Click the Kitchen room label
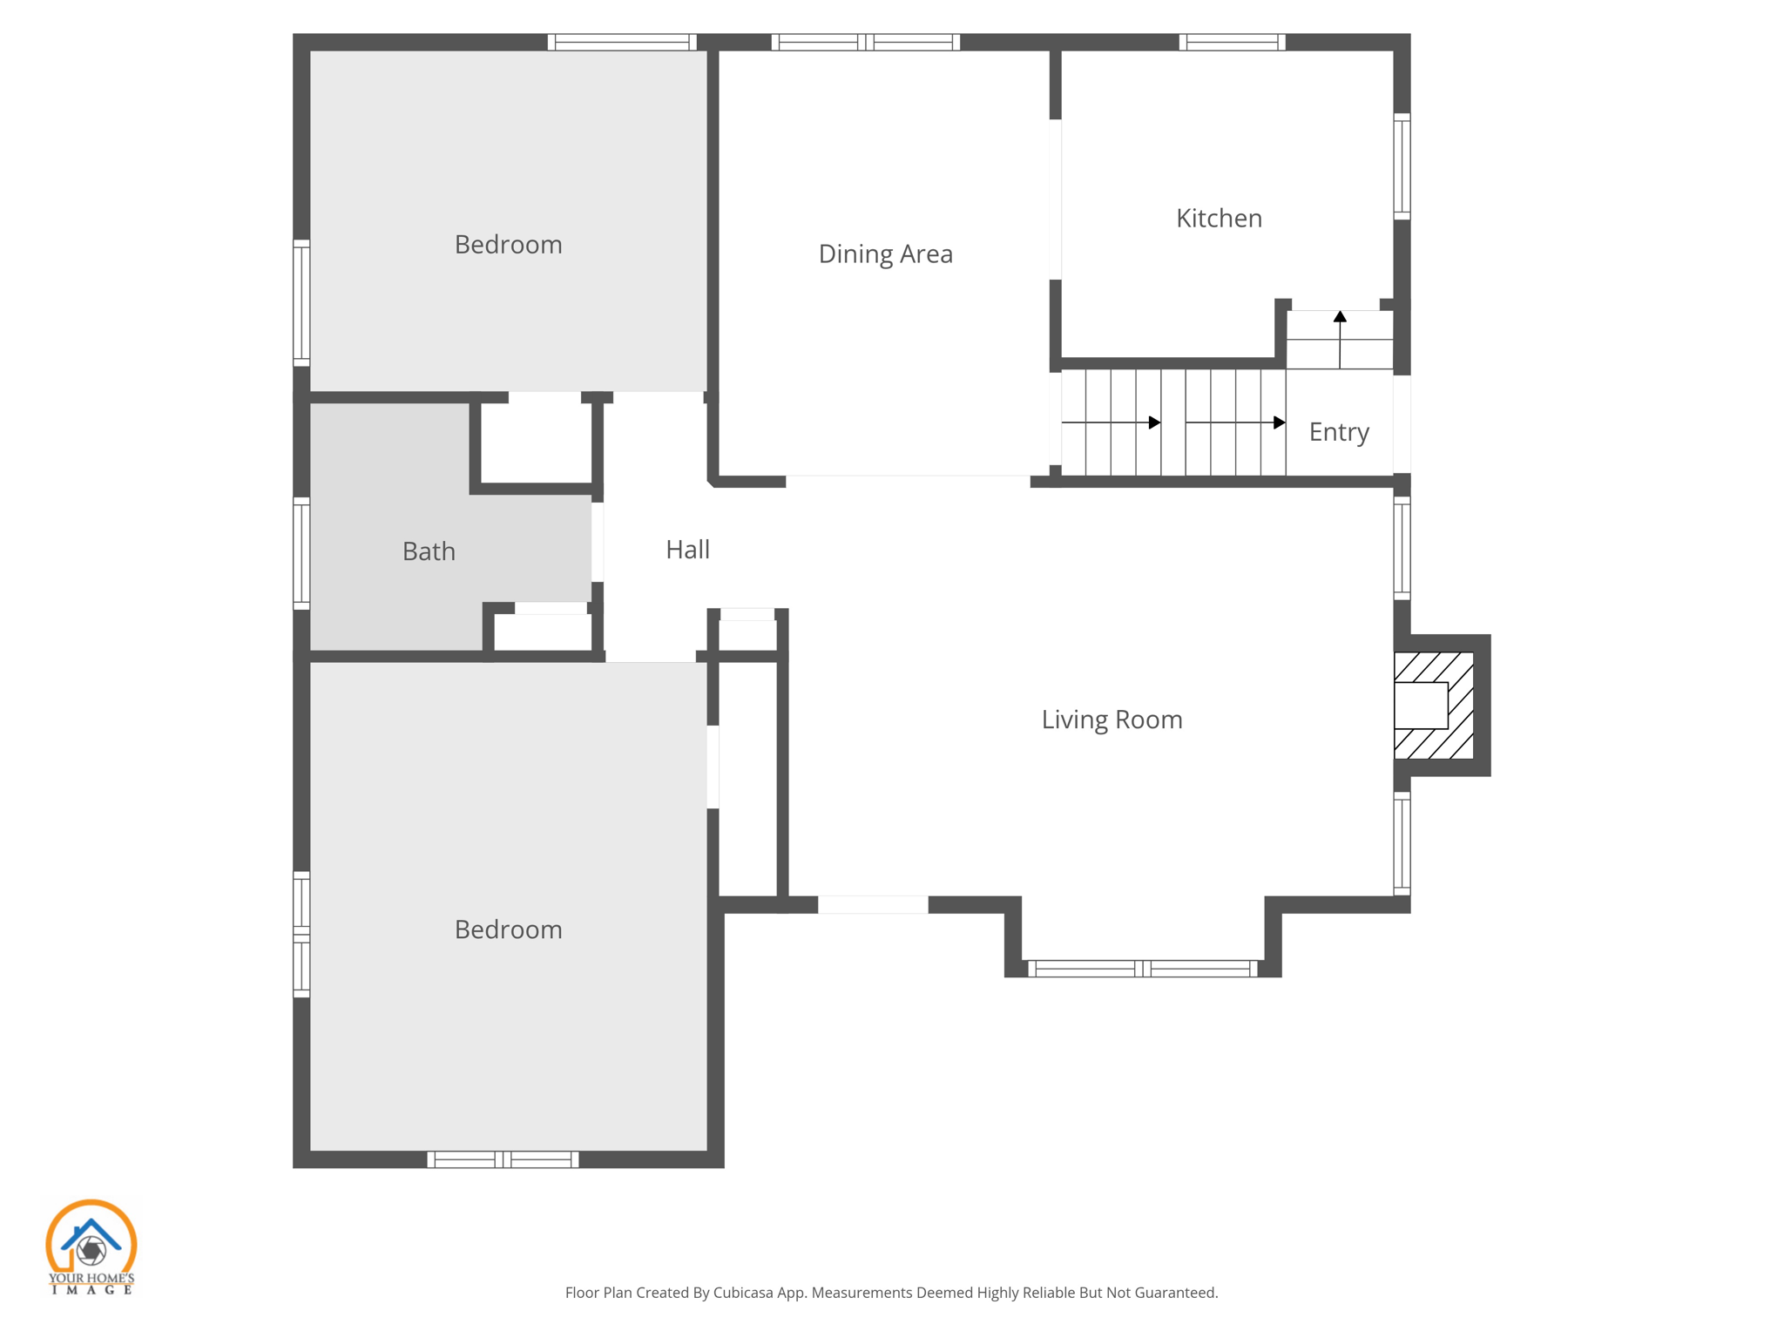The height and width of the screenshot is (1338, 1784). (x=1219, y=218)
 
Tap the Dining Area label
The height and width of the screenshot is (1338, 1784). (x=885, y=253)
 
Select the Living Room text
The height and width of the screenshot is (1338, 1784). (x=1112, y=720)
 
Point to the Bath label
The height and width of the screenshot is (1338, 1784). (x=429, y=551)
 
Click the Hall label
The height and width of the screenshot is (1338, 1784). (x=687, y=550)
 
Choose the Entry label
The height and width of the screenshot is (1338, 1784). (x=1339, y=432)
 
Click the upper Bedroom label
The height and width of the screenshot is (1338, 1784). (x=508, y=245)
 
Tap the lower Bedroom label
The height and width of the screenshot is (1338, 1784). (x=508, y=929)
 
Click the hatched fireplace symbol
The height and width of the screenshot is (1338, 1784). (x=1434, y=705)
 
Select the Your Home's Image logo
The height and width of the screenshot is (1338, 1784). (x=91, y=1247)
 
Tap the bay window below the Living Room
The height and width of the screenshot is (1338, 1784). (x=1142, y=969)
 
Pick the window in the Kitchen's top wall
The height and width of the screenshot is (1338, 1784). (x=1232, y=42)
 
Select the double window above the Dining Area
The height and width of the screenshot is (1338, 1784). (x=865, y=42)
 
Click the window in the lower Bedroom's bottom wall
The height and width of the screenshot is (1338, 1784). (x=503, y=1159)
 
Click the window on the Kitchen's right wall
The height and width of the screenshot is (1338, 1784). (x=1402, y=166)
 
